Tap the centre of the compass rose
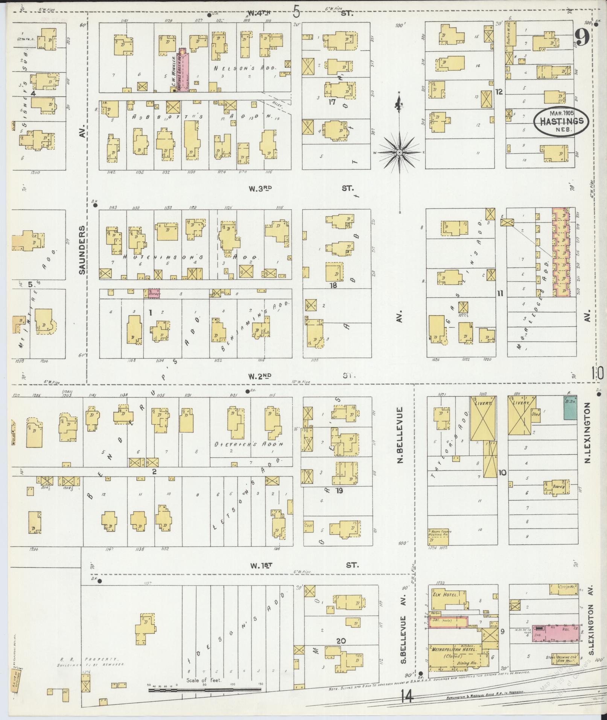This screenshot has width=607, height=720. click(x=399, y=152)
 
